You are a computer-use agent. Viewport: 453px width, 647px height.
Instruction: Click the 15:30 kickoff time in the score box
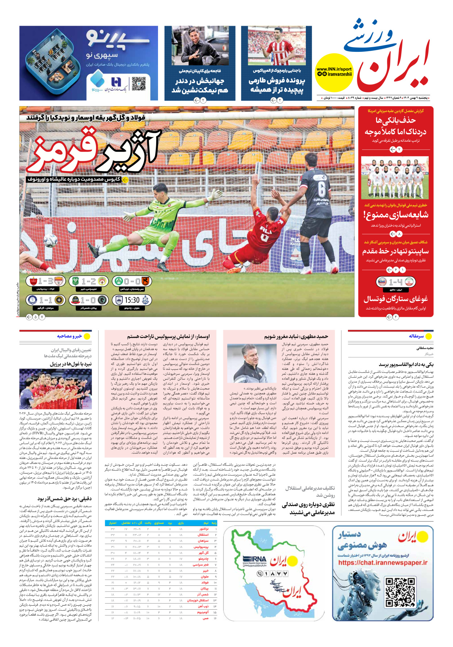coord(132,300)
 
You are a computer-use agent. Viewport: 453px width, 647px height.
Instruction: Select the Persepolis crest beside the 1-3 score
coord(33,281)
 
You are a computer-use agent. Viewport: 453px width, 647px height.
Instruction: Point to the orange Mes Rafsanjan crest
coord(146,281)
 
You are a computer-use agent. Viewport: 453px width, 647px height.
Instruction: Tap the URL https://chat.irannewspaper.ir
coord(383,563)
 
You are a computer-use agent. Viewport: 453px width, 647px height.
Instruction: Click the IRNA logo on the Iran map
coord(254,560)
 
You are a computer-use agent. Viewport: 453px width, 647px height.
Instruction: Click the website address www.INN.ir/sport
coord(334,69)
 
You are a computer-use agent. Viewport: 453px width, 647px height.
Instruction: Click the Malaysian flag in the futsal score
coord(382,282)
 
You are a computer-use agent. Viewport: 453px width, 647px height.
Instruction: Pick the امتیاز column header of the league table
coord(112,523)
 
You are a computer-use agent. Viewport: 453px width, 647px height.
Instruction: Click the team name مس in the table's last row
coord(206,618)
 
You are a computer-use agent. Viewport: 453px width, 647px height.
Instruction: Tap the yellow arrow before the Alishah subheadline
coord(125,179)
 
